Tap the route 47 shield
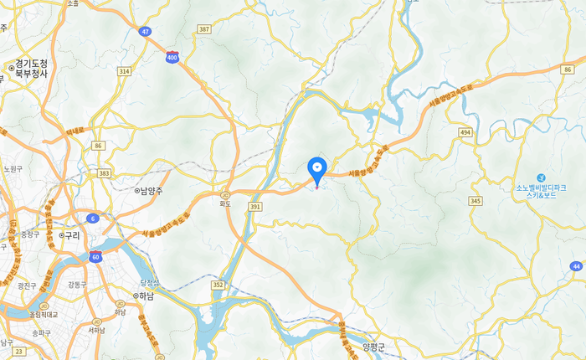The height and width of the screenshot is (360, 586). pos(145,31)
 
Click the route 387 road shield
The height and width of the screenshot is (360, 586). pos(203,29)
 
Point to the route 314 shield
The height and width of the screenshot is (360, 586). pos(125,72)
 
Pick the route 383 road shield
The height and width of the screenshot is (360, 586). pos(104,173)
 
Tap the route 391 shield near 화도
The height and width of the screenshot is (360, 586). pos(255,206)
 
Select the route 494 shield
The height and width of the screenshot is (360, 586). pos(465,132)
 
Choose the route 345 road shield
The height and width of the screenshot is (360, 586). pos(476,201)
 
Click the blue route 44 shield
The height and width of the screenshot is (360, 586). pos(576,266)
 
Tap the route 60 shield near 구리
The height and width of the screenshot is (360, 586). pos(96,256)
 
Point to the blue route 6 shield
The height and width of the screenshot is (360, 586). pos(92,219)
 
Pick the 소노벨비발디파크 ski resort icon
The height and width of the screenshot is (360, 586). pos(542,177)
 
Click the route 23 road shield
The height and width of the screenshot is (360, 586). pos(18,352)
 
